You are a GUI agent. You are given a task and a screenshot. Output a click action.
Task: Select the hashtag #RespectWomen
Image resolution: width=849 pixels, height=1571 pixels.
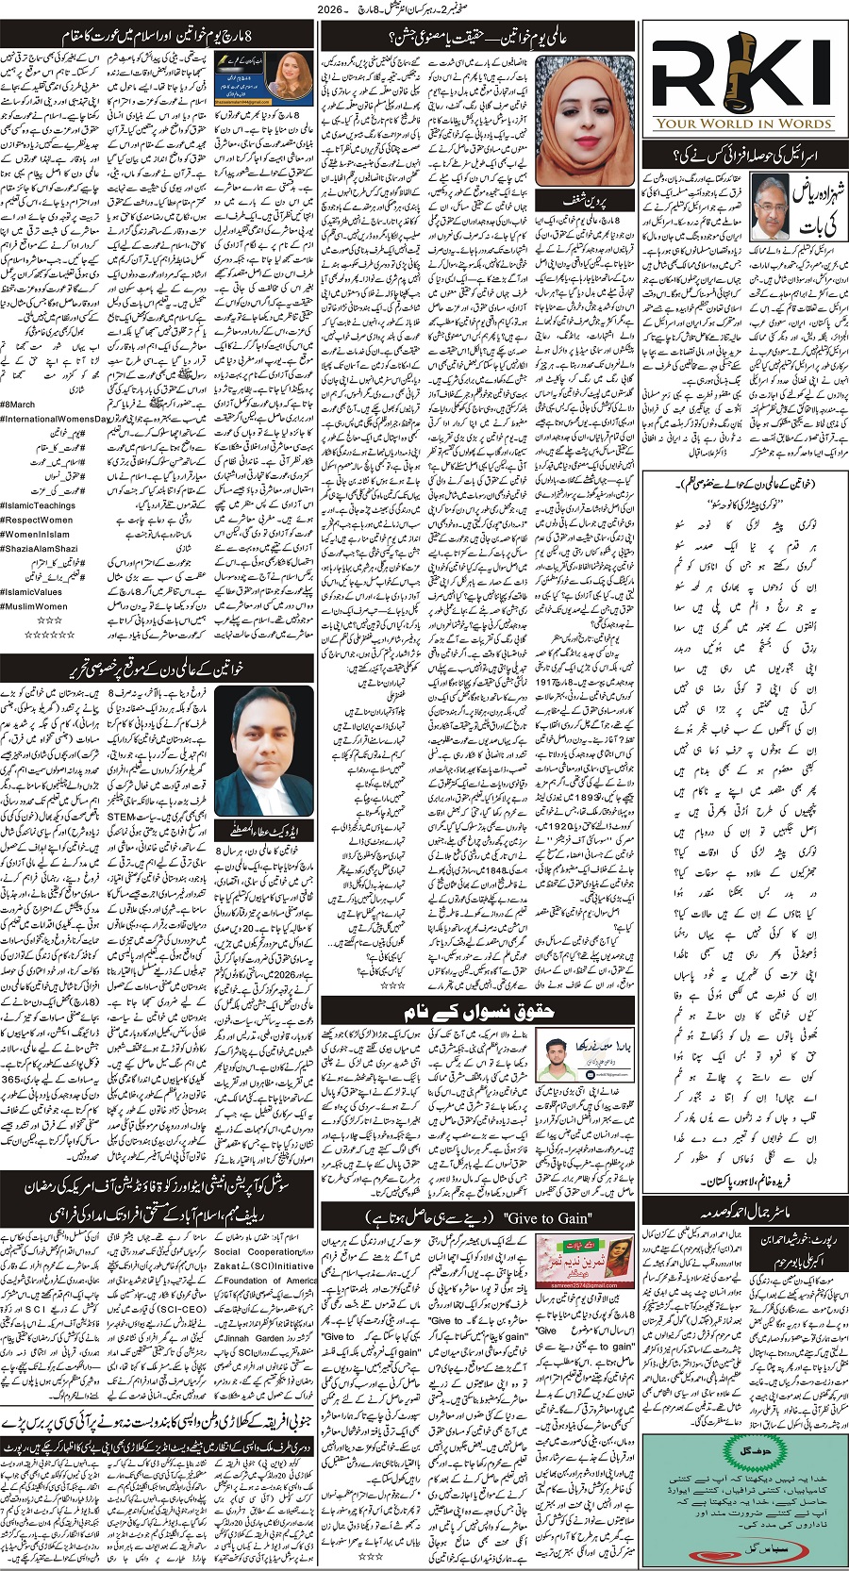click(x=37, y=520)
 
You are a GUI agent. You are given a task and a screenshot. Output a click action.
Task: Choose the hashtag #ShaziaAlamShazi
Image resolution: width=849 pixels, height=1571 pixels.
click(x=42, y=548)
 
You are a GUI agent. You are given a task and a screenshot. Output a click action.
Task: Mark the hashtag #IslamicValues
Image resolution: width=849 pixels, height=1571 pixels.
click(x=34, y=592)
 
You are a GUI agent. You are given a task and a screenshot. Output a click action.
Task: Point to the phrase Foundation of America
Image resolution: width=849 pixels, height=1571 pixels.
click(x=270, y=1280)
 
